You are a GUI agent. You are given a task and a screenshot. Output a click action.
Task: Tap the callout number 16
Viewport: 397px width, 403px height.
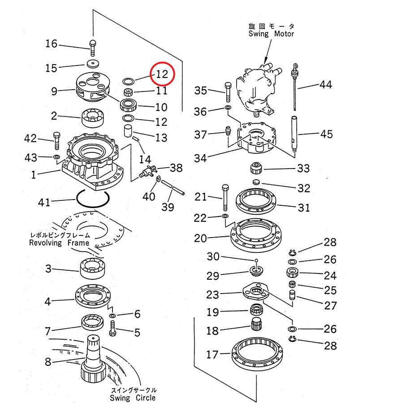tap(52, 44)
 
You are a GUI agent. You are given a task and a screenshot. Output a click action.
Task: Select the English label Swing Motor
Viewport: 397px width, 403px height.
tap(272, 34)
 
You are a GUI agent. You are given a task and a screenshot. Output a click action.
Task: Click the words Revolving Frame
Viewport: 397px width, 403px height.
tap(59, 243)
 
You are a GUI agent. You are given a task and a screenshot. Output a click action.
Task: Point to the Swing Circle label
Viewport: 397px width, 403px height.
tap(133, 398)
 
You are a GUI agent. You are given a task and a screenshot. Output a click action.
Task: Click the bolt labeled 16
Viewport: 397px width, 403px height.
tap(93, 47)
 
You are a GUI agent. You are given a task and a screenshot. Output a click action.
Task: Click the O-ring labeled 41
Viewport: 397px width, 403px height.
tap(93, 198)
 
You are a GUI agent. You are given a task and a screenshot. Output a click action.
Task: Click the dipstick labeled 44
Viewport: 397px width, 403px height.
tap(295, 87)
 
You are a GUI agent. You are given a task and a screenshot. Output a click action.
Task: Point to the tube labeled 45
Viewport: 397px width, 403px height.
tap(295, 134)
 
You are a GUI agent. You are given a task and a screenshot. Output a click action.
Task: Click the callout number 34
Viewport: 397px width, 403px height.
tap(200, 158)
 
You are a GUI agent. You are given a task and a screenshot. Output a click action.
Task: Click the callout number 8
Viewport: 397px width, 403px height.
tap(47, 362)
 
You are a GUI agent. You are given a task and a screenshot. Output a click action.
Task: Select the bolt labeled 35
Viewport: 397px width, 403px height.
tap(228, 92)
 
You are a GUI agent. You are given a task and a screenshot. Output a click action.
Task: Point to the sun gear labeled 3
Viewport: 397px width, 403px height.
tap(93, 269)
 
